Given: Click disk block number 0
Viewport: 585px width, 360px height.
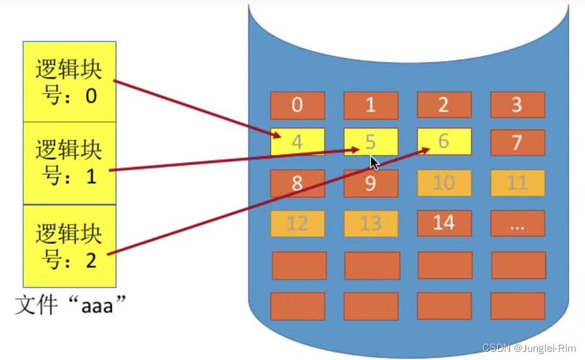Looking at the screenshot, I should click(298, 105).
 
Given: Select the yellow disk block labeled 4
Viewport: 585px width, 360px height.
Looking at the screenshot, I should click(298, 142).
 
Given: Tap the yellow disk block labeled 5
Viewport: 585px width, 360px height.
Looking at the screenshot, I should click(370, 142).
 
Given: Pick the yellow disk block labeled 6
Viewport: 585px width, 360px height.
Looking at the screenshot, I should click(444, 142).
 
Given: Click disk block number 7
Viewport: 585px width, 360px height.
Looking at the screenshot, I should click(517, 142).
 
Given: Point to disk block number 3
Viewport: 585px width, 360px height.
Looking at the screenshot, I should click(517, 105).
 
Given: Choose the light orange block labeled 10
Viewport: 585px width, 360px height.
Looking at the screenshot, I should click(444, 183).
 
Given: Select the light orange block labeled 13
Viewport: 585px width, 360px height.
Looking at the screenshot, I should click(370, 223).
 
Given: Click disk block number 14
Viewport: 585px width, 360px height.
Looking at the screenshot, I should click(444, 223).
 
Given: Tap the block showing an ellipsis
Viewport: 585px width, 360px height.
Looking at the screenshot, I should click(517, 223).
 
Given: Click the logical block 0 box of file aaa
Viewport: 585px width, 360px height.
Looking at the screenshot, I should click(69, 82).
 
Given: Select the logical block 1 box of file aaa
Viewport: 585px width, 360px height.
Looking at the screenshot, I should click(69, 162).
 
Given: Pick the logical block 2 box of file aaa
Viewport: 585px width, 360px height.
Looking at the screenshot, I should click(69, 245).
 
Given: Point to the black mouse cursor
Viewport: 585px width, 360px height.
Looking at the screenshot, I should click(374, 163).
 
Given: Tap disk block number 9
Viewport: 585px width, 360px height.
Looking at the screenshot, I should click(370, 183).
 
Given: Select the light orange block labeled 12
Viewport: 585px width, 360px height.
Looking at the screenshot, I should click(298, 223).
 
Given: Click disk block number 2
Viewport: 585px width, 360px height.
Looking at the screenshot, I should click(444, 105).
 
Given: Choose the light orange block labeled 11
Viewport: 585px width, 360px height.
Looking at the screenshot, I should click(517, 183).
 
